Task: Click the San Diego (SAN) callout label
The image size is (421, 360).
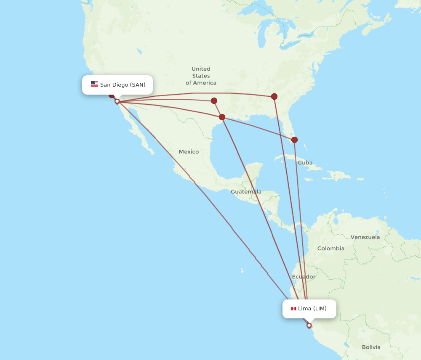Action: point(117,85)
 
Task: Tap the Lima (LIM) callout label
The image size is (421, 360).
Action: point(309,309)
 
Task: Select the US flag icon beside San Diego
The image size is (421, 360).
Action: point(94,84)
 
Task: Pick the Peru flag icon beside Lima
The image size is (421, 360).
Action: point(293,309)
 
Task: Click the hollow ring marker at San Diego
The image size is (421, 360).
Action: point(117,101)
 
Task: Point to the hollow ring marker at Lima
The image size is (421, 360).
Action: point(309,325)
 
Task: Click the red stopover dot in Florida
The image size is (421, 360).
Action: point(294,140)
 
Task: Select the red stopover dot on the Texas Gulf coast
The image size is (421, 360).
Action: point(222,117)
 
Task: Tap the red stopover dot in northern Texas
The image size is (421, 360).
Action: point(214,101)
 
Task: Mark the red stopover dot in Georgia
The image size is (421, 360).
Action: point(274,96)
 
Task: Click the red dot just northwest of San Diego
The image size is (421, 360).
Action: point(112,95)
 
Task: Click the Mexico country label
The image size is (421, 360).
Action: point(189,151)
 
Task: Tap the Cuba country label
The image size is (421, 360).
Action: point(305,162)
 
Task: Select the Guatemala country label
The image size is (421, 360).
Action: point(246,192)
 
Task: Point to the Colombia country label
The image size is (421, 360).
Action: point(330,249)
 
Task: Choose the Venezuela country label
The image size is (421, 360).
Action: point(365,237)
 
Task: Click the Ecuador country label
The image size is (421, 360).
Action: point(303,277)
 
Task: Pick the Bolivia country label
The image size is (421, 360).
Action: point(371,347)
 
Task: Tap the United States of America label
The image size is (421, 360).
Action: point(201,76)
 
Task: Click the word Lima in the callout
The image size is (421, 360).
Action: point(304,309)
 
